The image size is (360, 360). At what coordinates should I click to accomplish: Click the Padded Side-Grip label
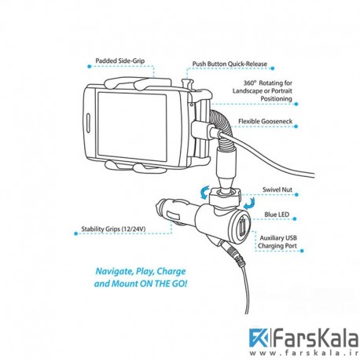click(120, 61)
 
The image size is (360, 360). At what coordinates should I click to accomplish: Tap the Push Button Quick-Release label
click(230, 64)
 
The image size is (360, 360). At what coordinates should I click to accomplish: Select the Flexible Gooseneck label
click(265, 121)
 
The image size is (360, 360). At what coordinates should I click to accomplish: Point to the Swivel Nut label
click(277, 189)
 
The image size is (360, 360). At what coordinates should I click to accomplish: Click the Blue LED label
click(277, 215)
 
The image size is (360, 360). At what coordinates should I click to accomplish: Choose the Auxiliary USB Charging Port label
click(277, 242)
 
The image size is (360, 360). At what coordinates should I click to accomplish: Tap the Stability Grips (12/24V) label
click(113, 229)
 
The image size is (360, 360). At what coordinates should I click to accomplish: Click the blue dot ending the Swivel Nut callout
click(296, 195)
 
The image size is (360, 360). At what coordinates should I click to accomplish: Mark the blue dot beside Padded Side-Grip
click(90, 67)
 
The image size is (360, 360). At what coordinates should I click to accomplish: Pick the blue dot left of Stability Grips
click(76, 233)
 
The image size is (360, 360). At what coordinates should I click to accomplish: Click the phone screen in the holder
click(132, 127)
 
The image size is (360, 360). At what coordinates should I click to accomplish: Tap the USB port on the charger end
click(241, 225)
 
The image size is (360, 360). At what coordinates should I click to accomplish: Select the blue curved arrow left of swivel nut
click(204, 193)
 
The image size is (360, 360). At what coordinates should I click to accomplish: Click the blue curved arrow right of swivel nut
click(249, 204)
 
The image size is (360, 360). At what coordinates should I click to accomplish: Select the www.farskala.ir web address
click(303, 353)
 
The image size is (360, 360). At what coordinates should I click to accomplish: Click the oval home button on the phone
click(88, 123)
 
